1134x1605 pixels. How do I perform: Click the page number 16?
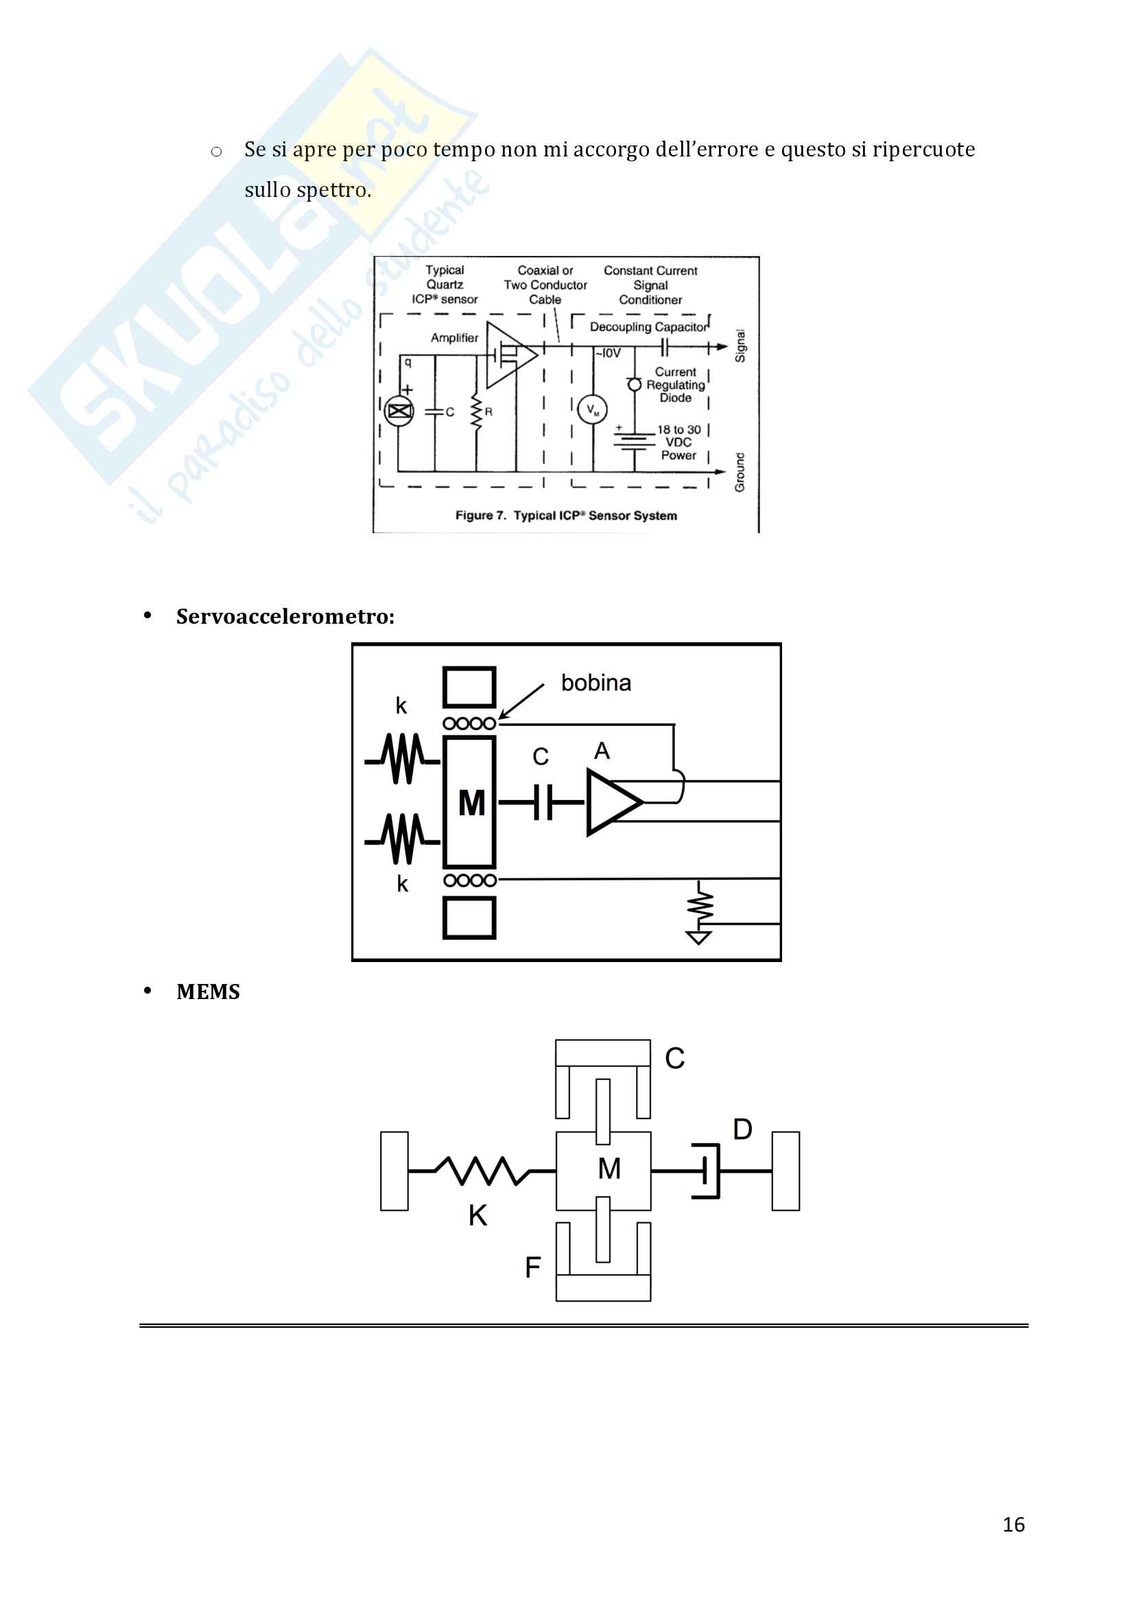[x=1013, y=1525]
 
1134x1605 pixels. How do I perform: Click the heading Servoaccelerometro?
[x=285, y=617]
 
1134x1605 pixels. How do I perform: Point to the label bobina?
[x=595, y=683]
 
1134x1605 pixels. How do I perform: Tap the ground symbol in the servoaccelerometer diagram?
[x=698, y=937]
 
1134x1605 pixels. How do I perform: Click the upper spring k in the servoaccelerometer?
[x=403, y=759]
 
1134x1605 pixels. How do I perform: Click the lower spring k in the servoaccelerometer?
[x=403, y=839]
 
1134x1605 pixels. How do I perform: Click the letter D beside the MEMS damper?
[x=742, y=1129]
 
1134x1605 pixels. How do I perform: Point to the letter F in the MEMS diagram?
[x=532, y=1267]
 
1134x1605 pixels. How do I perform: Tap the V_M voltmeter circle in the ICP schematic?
[x=593, y=410]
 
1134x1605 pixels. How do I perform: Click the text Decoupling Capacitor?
[x=648, y=327]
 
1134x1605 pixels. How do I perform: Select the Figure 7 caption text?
[x=566, y=516]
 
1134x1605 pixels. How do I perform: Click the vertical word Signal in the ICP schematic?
[x=740, y=346]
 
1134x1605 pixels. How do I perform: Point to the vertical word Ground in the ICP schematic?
[x=740, y=472]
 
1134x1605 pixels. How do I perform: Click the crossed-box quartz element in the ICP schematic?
[x=400, y=411]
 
